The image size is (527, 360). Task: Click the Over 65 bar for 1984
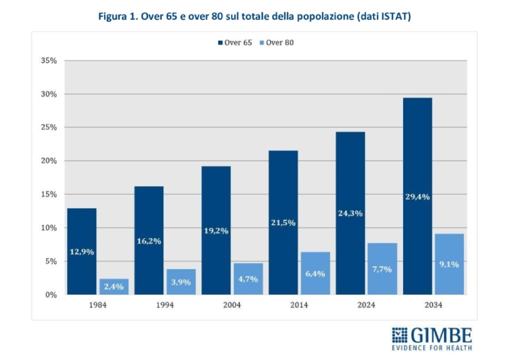(82, 251)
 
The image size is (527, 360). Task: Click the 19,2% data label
(216, 230)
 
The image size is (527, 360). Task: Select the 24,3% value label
(349, 213)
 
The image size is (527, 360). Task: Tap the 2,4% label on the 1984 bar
(114, 286)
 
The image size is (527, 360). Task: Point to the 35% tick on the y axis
(49, 61)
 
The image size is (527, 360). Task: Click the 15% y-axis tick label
(49, 194)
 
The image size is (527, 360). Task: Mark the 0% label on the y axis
(51, 295)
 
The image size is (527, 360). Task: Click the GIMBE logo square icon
(400, 334)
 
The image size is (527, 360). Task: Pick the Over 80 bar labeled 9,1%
(449, 264)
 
